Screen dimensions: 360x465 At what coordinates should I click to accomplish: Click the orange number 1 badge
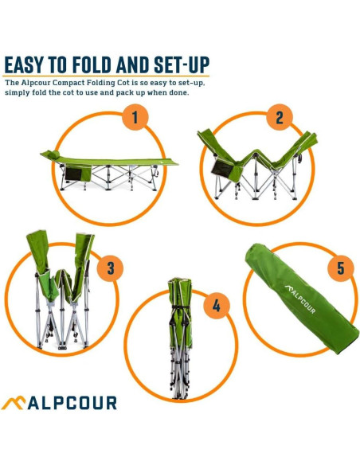click(135, 117)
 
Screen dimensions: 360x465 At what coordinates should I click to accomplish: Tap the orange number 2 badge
click(280, 117)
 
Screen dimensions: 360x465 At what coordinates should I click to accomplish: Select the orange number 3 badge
click(111, 268)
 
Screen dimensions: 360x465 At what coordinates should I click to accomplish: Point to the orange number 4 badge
click(217, 306)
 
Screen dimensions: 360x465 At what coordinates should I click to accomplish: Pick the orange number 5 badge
click(341, 268)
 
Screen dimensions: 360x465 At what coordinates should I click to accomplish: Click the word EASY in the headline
click(24, 64)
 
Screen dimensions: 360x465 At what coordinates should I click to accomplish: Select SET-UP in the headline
click(182, 64)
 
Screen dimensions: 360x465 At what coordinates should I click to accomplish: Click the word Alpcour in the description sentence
click(35, 83)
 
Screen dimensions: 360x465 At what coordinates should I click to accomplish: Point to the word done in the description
click(178, 92)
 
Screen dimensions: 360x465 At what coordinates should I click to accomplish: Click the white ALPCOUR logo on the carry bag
click(300, 299)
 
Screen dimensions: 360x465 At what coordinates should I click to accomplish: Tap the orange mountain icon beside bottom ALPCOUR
click(14, 403)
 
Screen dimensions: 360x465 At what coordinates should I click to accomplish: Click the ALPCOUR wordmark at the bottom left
click(72, 403)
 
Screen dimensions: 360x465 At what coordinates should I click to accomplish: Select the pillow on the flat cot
click(54, 154)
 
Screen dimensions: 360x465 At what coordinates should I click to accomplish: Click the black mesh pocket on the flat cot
click(73, 174)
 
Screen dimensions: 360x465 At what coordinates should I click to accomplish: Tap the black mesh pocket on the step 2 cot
click(222, 169)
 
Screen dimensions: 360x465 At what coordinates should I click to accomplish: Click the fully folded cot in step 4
click(180, 338)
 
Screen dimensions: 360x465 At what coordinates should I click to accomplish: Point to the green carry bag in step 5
click(301, 299)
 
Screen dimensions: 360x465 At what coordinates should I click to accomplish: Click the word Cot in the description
click(123, 83)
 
